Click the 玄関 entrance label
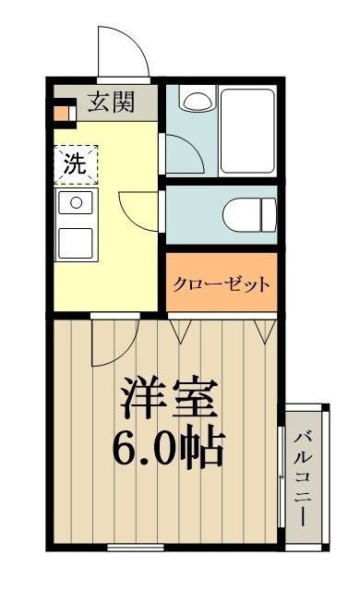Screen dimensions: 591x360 111,102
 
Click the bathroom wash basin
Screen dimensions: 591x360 195,99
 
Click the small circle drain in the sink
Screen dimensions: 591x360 75,201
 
